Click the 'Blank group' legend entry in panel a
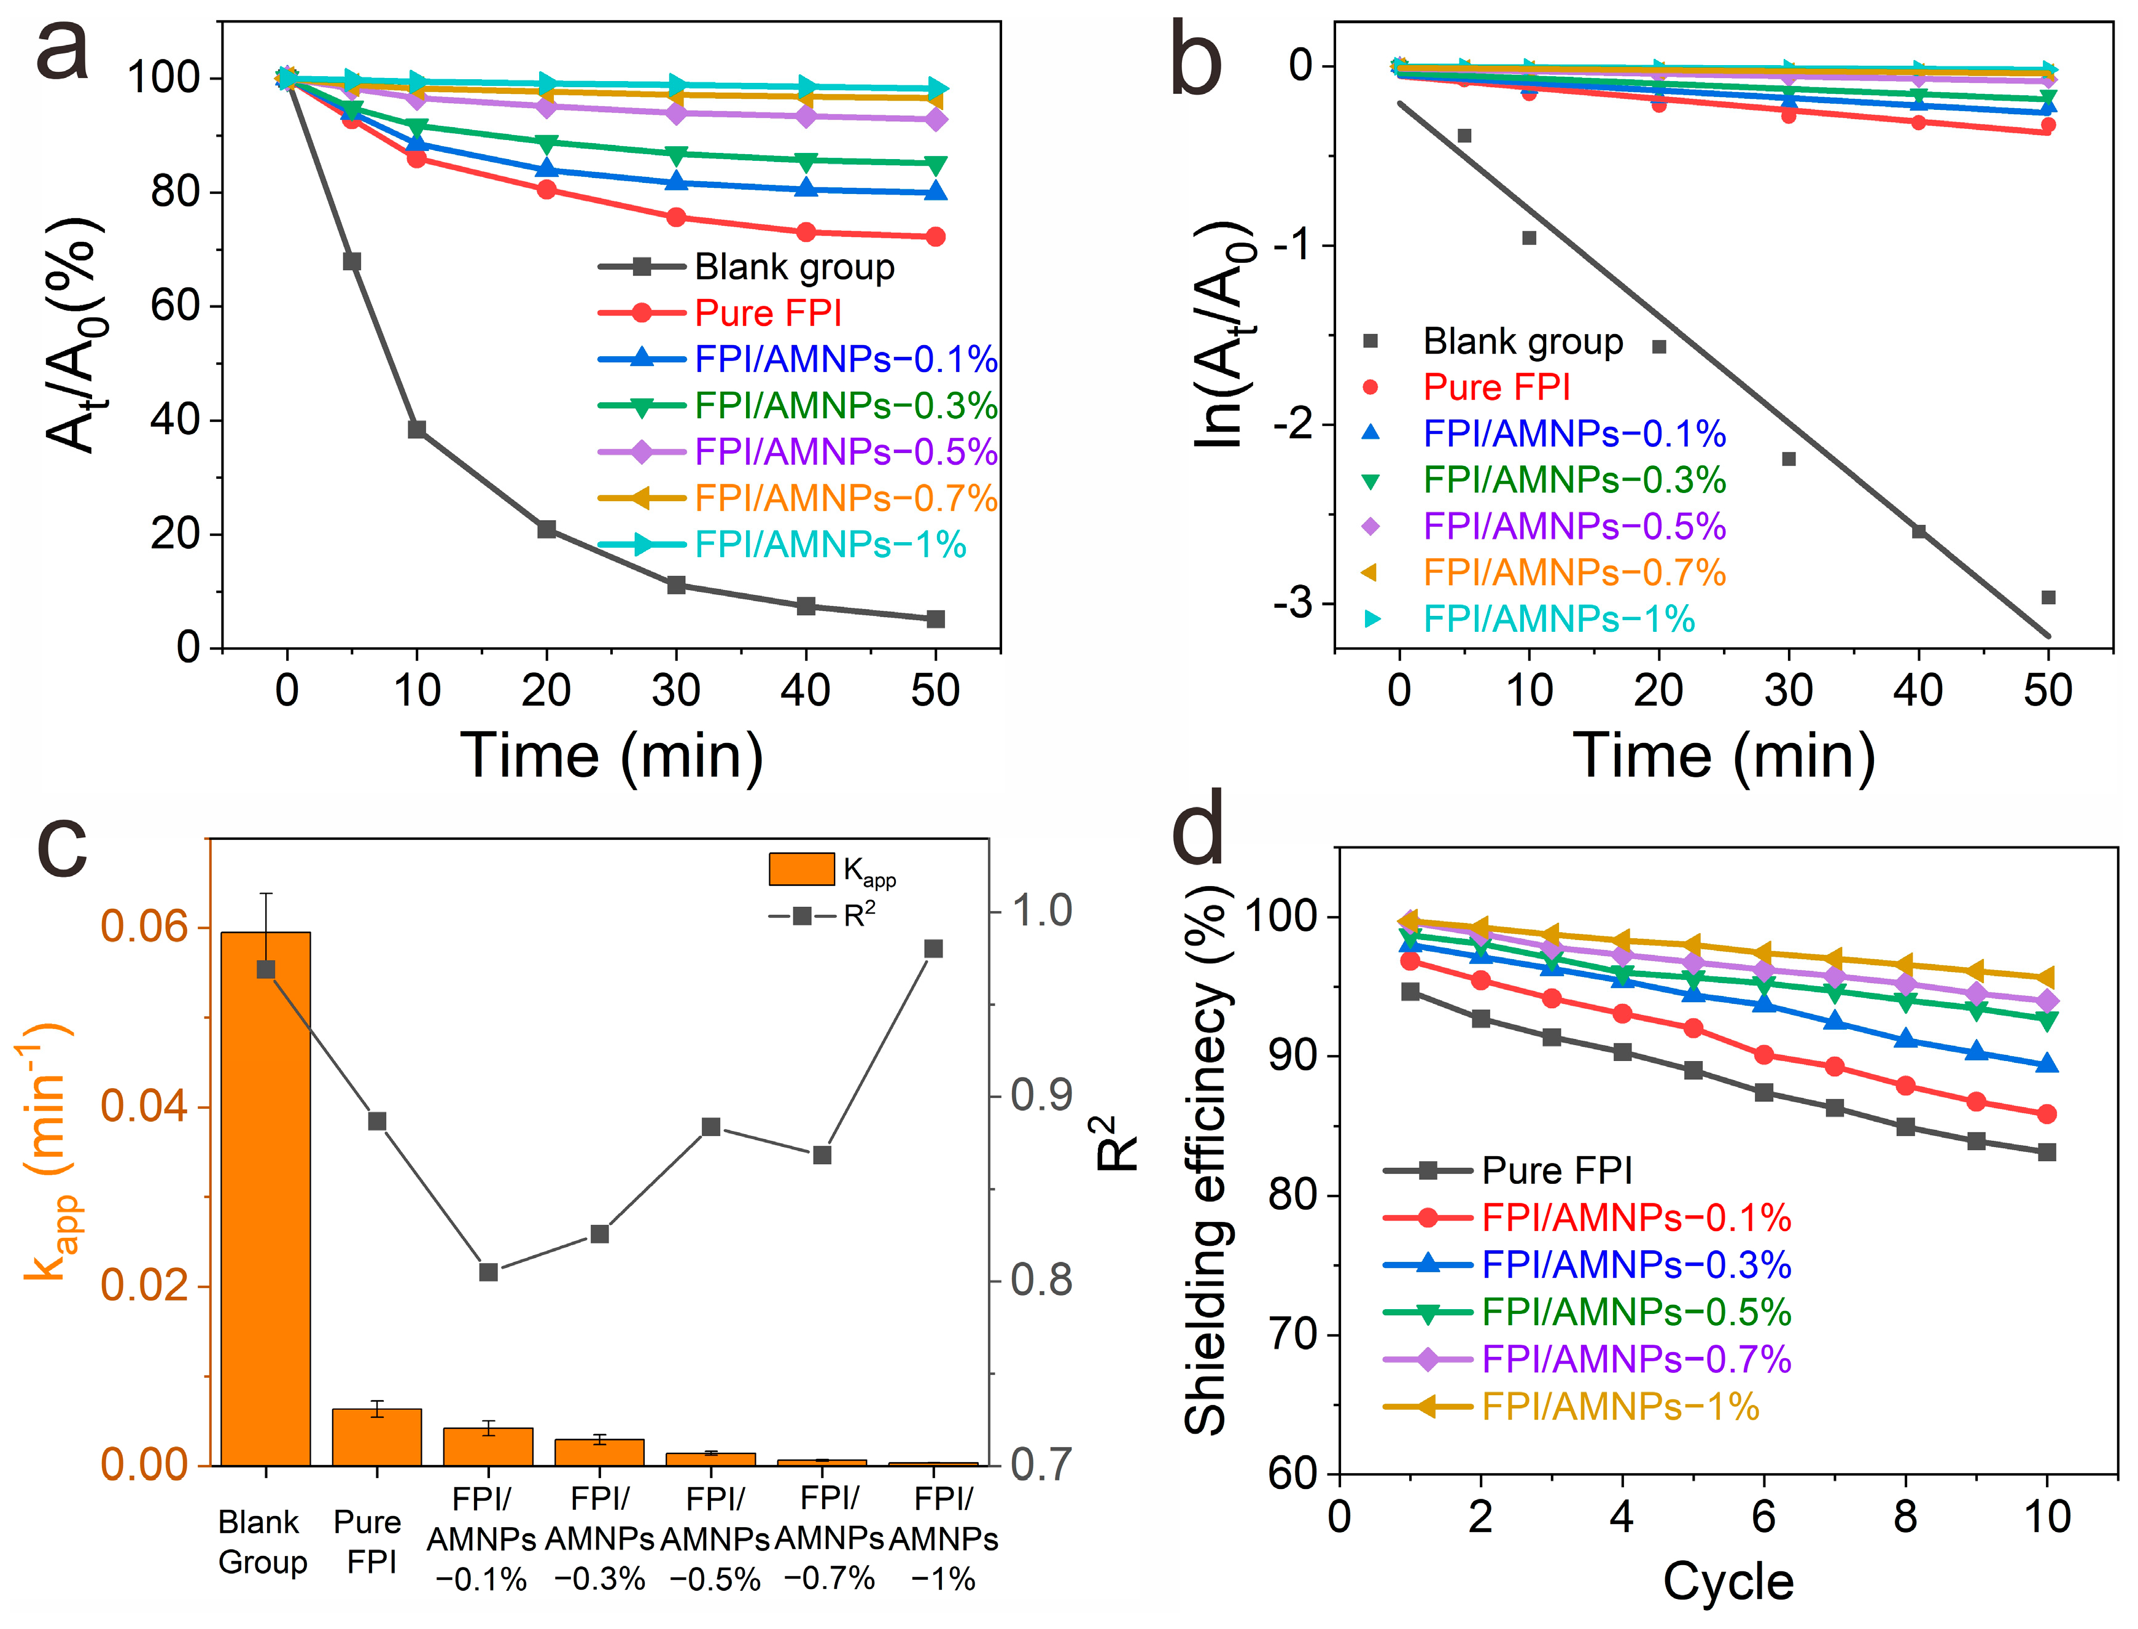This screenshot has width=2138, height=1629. (x=794, y=266)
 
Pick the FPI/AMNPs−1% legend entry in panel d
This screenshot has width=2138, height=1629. (x=1619, y=1406)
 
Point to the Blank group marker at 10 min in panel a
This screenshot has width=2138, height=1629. (x=417, y=430)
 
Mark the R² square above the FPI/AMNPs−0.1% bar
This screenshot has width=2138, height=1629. (x=489, y=1271)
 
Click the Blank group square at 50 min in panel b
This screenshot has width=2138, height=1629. (x=2048, y=597)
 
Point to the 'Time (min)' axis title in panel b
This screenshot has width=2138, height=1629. (x=1723, y=756)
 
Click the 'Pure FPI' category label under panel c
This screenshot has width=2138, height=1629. (x=368, y=1542)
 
